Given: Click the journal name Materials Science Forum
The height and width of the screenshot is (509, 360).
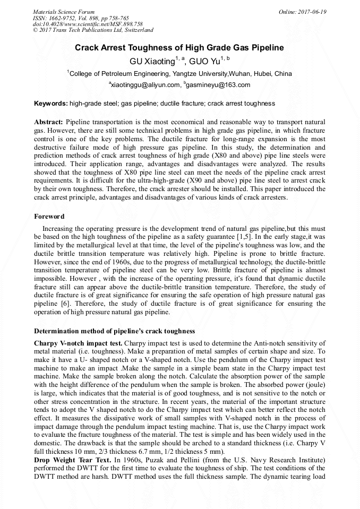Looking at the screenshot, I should click(x=64, y=12).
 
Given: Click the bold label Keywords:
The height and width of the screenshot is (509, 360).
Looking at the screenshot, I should click(x=51, y=103).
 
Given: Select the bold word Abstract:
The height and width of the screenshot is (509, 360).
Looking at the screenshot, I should click(x=49, y=122).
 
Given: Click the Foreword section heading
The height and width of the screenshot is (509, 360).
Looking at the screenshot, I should click(x=49, y=217).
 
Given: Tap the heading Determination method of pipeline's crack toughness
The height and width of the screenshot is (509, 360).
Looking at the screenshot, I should click(x=114, y=331).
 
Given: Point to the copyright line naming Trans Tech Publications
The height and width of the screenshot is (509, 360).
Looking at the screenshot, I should click(x=93, y=31).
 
